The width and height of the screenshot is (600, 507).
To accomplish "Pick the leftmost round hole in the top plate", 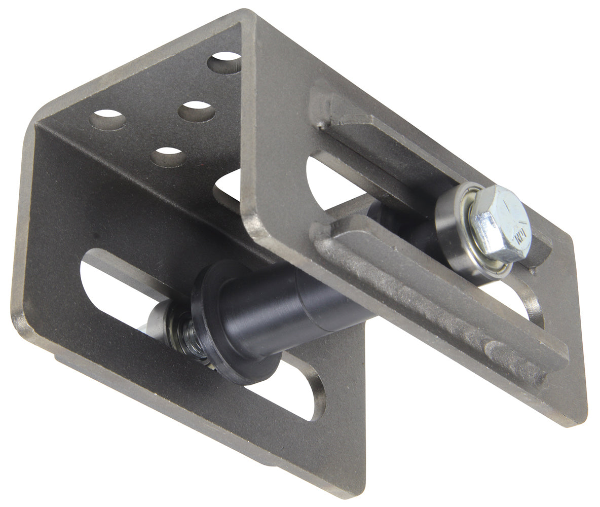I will click(107, 120).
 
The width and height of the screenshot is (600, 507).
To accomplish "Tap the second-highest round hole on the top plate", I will click(197, 111).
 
